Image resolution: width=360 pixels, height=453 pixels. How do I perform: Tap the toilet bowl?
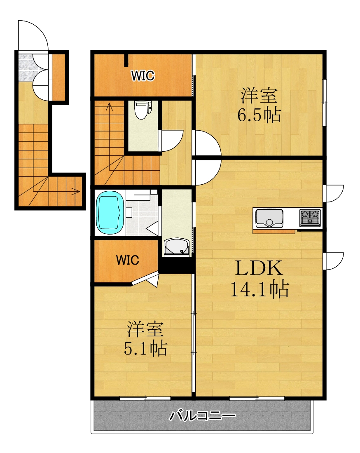click(x=141, y=110)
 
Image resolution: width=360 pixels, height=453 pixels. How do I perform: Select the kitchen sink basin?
click(x=269, y=217)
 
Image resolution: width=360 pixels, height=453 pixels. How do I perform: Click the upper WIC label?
click(x=143, y=75)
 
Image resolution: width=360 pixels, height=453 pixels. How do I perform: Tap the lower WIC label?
click(x=127, y=260)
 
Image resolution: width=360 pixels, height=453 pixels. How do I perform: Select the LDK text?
click(x=259, y=269)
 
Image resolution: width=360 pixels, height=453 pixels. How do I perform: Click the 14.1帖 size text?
click(x=259, y=290)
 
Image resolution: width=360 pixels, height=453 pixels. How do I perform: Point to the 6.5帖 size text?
click(x=259, y=115)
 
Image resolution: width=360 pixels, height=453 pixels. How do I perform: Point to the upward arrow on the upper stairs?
click(x=110, y=107)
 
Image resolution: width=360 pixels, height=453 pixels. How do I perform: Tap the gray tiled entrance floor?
click(x=25, y=68)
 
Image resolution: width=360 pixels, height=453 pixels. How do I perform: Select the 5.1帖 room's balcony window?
click(x=145, y=398)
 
